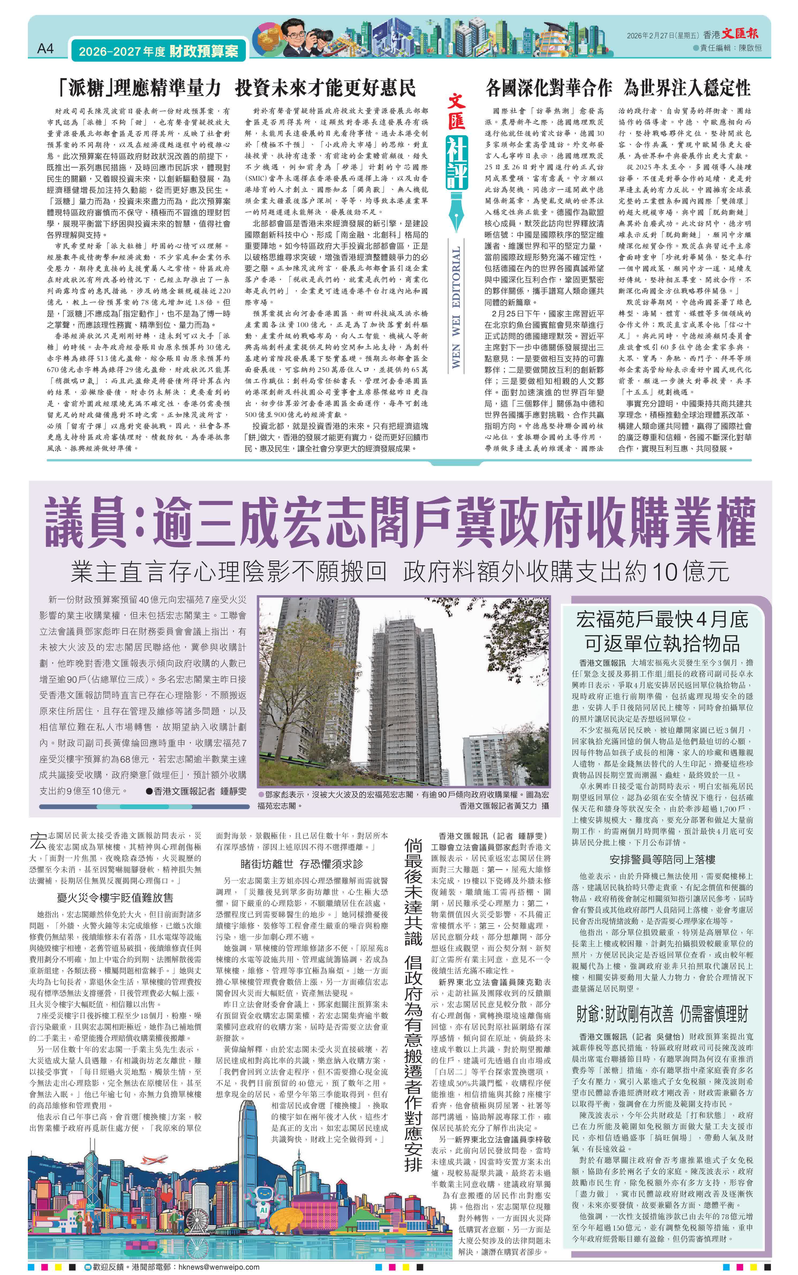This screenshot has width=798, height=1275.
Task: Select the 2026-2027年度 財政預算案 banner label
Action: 158,51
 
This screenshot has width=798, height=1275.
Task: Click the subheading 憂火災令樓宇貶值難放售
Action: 115,897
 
